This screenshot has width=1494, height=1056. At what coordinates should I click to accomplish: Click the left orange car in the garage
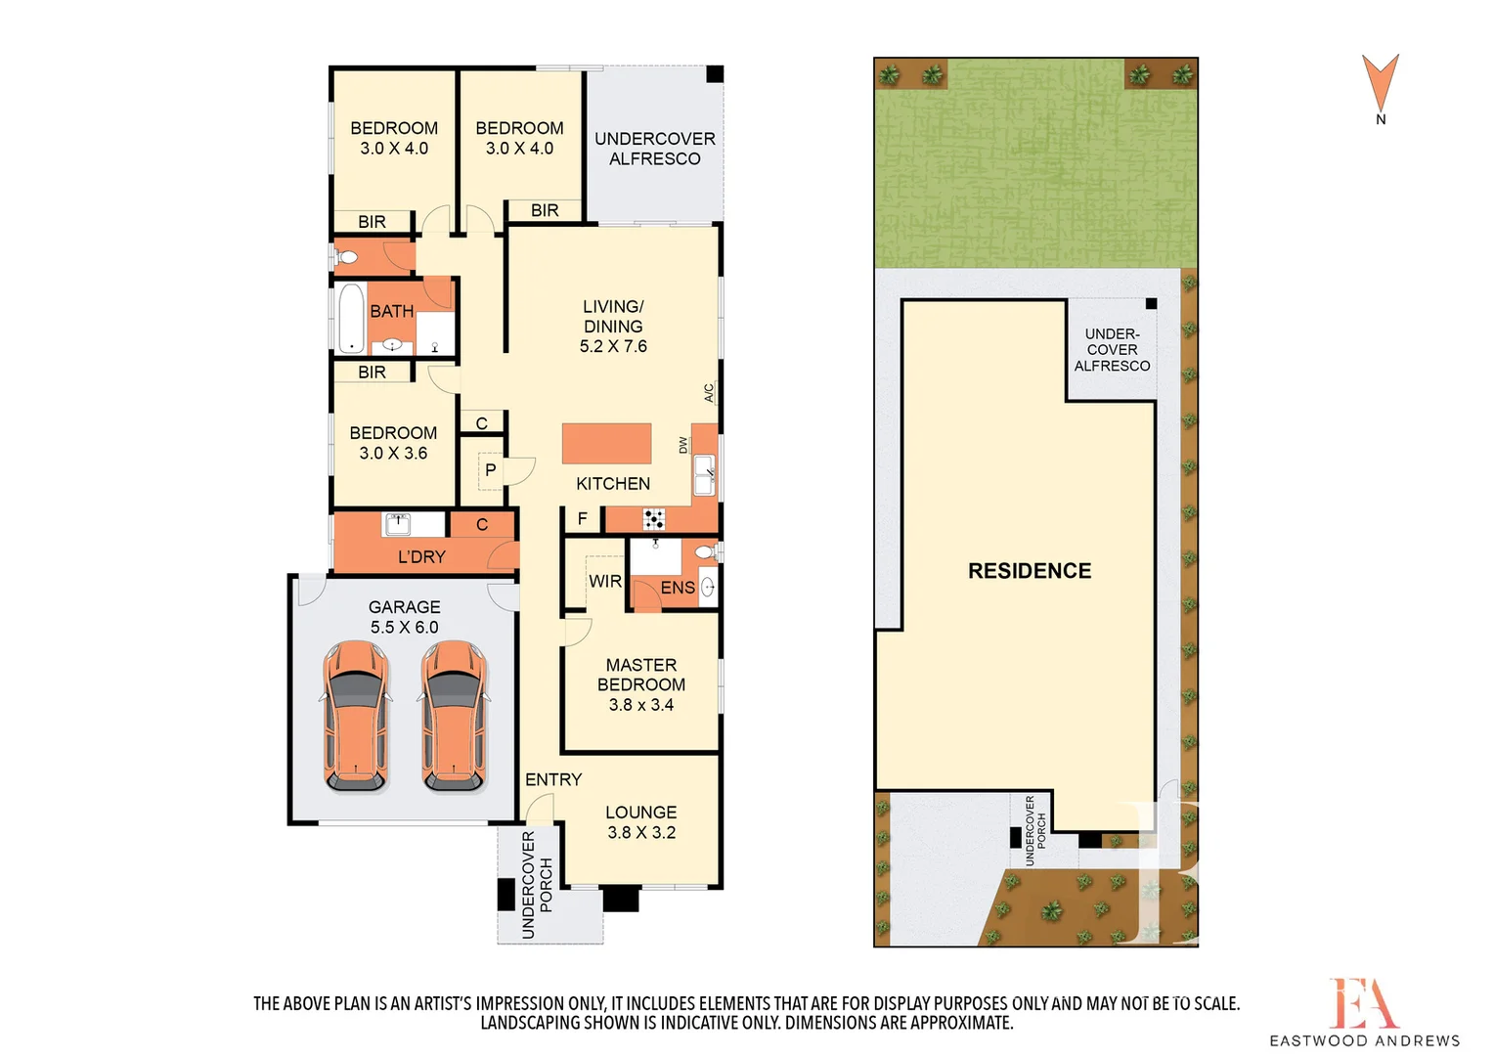pyautogui.click(x=356, y=715)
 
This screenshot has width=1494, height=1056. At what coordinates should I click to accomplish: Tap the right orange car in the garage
pyautogui.click(x=454, y=715)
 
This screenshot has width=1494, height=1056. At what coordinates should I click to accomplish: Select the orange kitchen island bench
pyautogui.click(x=606, y=443)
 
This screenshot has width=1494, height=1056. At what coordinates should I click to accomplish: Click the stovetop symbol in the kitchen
pyautogui.click(x=654, y=518)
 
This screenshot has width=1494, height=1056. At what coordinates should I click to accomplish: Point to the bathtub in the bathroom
pyautogui.click(x=351, y=318)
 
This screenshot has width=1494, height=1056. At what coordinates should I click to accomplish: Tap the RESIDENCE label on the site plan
pyautogui.click(x=1030, y=571)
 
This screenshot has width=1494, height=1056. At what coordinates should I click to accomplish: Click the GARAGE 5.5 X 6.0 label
pyautogui.click(x=404, y=617)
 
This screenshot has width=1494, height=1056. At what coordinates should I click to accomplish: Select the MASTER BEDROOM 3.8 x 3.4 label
pyautogui.click(x=641, y=684)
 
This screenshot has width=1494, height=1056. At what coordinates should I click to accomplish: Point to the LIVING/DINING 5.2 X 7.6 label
pyautogui.click(x=613, y=327)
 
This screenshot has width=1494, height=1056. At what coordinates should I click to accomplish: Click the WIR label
pyautogui.click(x=605, y=581)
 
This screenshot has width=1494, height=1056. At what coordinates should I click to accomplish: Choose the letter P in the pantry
pyautogui.click(x=490, y=470)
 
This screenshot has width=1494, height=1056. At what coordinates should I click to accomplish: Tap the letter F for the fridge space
pyautogui.click(x=583, y=518)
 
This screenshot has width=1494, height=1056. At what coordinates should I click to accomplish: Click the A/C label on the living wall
pyautogui.click(x=709, y=392)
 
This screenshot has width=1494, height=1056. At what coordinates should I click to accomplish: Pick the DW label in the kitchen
pyautogui.click(x=683, y=445)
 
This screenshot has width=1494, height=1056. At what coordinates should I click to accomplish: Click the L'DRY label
pyautogui.click(x=421, y=556)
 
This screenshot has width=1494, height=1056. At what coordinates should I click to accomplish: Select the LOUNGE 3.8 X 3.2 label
pyautogui.click(x=641, y=822)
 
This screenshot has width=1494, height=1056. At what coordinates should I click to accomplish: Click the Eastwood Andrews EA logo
pyautogui.click(x=1364, y=1003)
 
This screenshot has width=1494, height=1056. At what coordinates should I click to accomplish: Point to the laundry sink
pyautogui.click(x=398, y=523)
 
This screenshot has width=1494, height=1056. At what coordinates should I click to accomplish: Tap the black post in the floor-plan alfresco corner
pyautogui.click(x=715, y=74)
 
